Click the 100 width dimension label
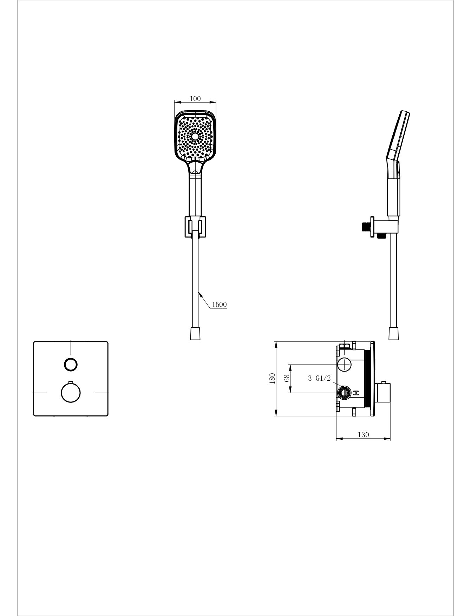195,99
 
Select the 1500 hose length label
219,304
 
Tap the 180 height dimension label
272,379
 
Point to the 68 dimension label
287,378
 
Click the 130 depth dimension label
364,435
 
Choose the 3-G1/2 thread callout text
319,378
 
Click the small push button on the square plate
71,364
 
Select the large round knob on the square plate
71,392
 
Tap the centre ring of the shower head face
195,136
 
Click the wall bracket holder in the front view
195,228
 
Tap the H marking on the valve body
356,393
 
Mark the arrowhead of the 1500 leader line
199,292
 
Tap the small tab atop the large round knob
71,382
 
